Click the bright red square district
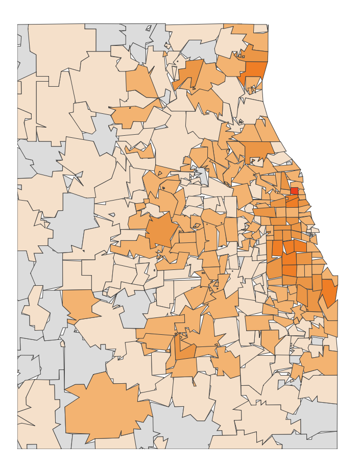[294, 191]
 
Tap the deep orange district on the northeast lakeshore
[255, 71]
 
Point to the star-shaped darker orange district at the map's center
[162, 230]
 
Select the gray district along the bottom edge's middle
[179, 429]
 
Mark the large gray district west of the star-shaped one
[71, 219]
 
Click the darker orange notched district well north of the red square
[258, 151]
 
